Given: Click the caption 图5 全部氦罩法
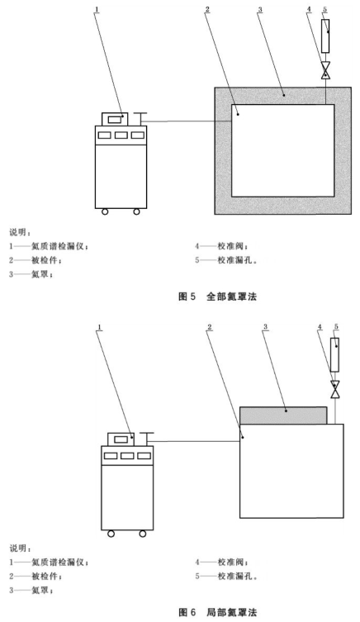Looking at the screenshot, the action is click(x=218, y=297).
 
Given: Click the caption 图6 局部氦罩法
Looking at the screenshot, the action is click(x=218, y=612).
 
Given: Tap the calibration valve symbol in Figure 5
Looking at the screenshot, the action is click(x=325, y=71).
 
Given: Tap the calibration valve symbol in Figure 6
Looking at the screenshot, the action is click(x=335, y=390).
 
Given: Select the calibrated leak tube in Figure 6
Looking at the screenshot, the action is click(x=335, y=354).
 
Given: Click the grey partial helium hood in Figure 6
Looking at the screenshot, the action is click(x=283, y=415).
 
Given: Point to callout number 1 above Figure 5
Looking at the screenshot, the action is click(x=97, y=9).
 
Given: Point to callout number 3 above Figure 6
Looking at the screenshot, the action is click(x=265, y=327).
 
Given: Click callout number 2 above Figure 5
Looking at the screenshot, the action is click(x=207, y=9).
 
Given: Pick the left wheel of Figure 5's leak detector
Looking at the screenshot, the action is click(x=105, y=211).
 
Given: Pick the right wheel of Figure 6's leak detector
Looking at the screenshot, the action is click(x=143, y=534).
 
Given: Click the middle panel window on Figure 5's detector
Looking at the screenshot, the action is click(x=121, y=135).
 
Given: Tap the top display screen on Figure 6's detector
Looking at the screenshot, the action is click(x=121, y=439).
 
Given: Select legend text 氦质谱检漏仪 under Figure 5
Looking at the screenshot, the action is click(x=59, y=246).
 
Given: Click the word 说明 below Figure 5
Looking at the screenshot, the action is click(x=19, y=232).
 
